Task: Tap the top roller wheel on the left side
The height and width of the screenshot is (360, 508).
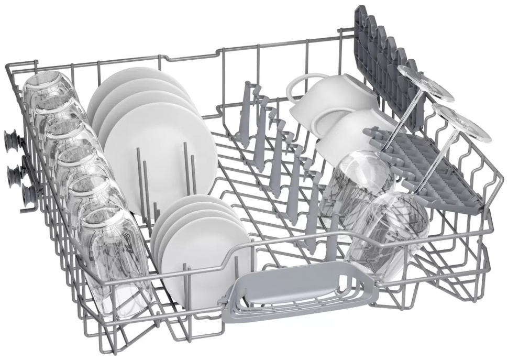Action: (12, 140)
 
